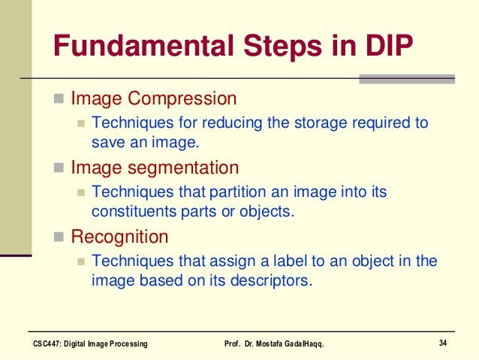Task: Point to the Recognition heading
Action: [x=119, y=237]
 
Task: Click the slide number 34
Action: [x=443, y=343]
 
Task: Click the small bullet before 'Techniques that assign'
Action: [x=81, y=262]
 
